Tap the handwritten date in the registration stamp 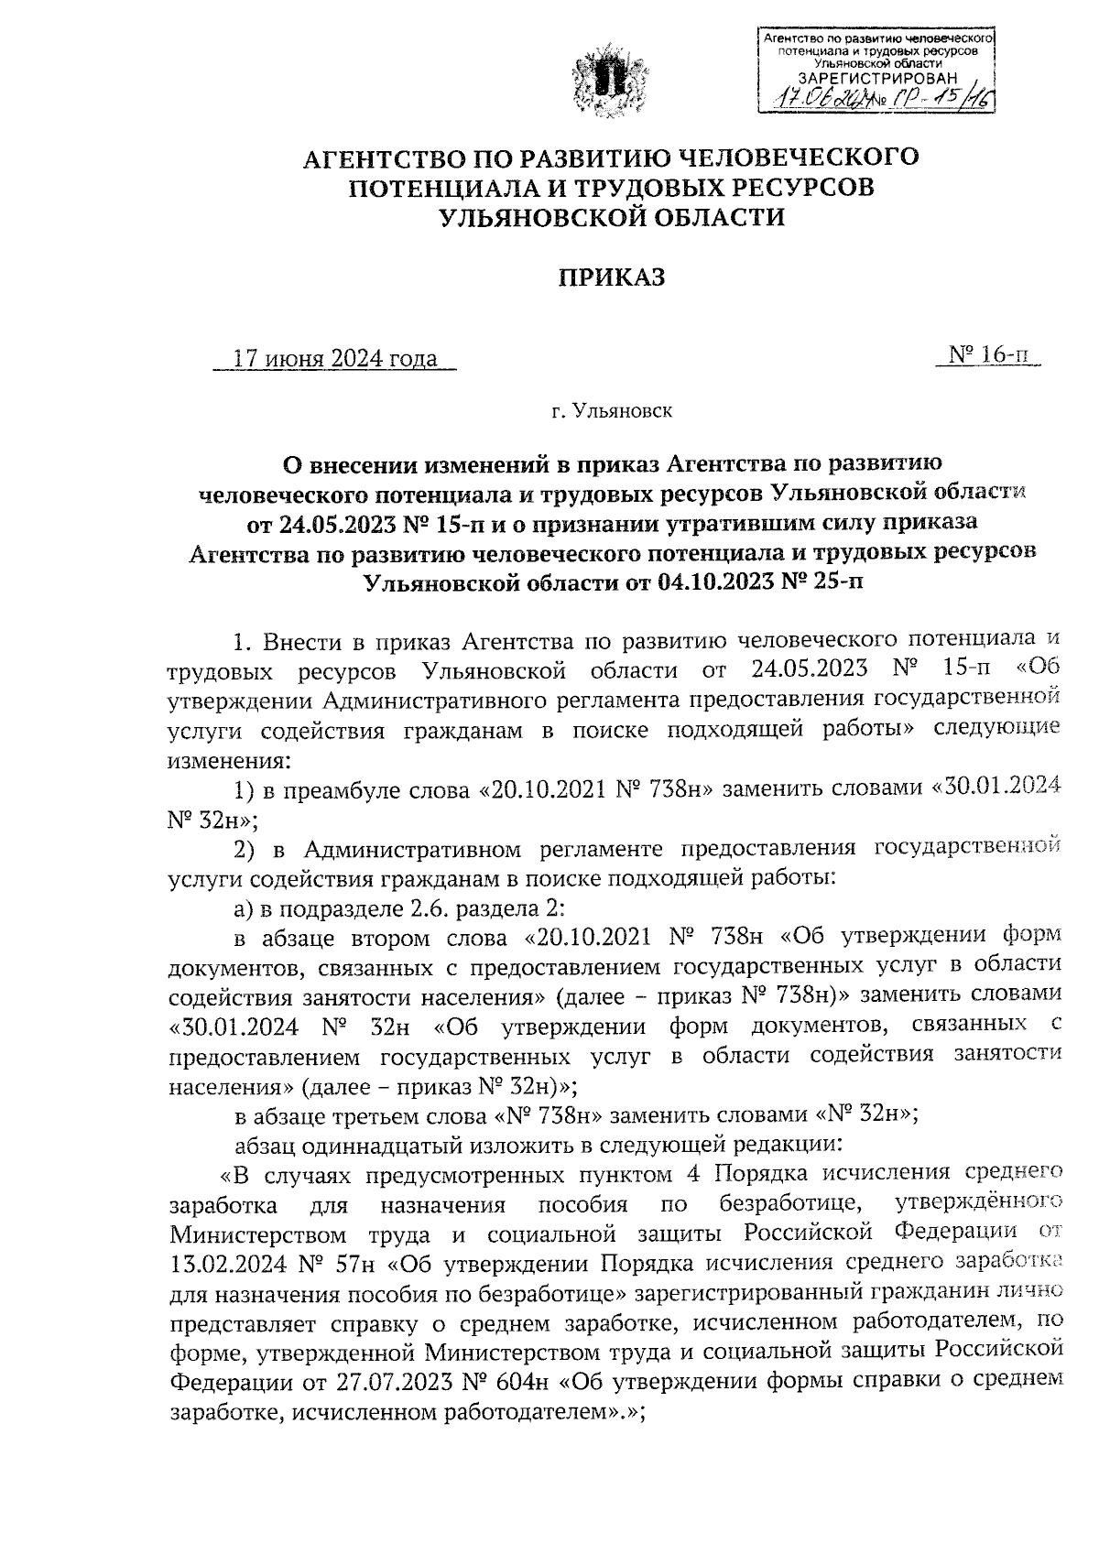(x=814, y=99)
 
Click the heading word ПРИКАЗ (x=611, y=277)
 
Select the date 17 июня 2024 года (x=335, y=359)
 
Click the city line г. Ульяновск (x=611, y=411)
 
